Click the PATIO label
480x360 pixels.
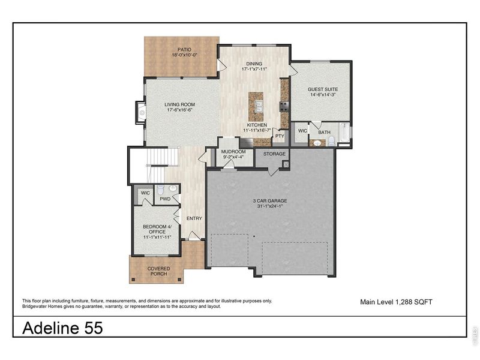click(x=184, y=49)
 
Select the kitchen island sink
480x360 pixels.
click(x=259, y=107)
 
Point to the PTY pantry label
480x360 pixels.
click(x=280, y=136)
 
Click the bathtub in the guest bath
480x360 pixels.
click(x=344, y=133)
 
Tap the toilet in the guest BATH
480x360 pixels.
click(x=331, y=142)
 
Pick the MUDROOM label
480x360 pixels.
click(x=233, y=152)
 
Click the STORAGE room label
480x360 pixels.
click(x=274, y=154)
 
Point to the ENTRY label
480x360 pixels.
click(x=194, y=218)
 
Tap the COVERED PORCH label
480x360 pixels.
click(x=158, y=271)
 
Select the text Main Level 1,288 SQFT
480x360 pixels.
click(x=396, y=302)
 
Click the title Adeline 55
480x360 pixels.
click(x=62, y=328)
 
